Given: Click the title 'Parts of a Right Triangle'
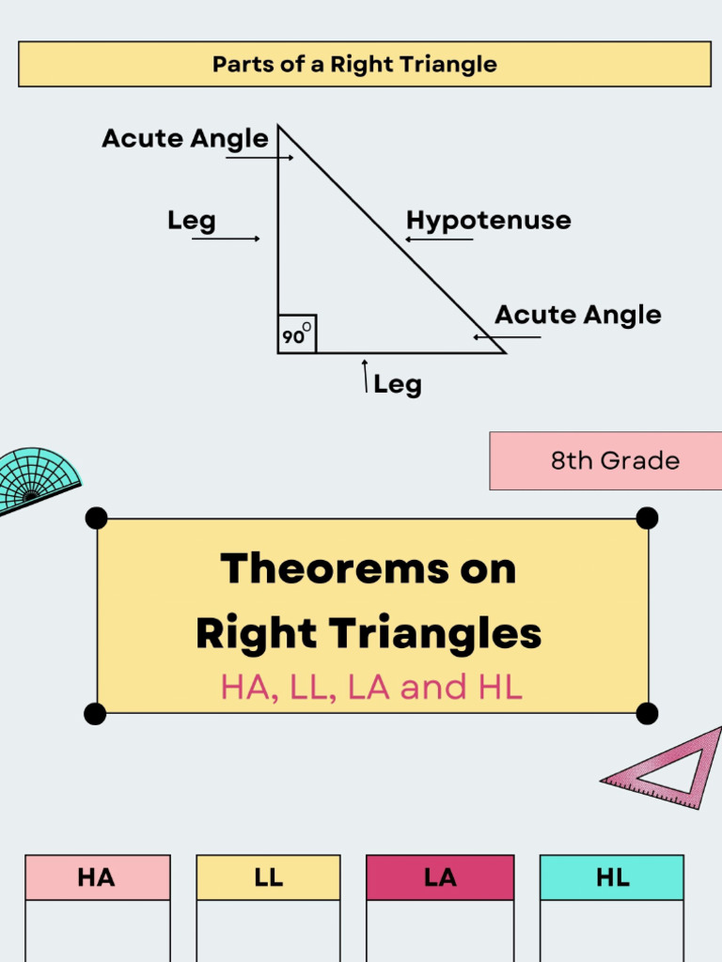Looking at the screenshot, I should tap(354, 65).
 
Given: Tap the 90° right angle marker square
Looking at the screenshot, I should tap(296, 334).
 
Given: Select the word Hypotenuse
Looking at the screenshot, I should tap(488, 221).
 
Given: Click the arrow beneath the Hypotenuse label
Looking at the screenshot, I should tap(438, 240).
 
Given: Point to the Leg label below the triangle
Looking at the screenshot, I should tap(398, 384).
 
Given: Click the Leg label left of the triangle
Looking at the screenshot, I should tap(192, 221).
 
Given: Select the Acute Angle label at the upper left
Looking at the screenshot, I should tap(185, 139).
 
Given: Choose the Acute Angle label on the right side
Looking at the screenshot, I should tap(577, 315).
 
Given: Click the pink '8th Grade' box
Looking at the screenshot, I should tap(605, 460).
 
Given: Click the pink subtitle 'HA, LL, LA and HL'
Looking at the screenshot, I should tap(371, 688).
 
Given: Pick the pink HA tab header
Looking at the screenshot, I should tap(97, 877).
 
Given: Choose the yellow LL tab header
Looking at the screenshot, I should tap(268, 877).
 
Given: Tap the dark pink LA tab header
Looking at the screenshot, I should tap(440, 877).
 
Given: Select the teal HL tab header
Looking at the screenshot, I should tap(612, 877).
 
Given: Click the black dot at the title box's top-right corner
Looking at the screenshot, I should tap(647, 518).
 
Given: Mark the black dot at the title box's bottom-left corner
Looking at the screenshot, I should tap(95, 714).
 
